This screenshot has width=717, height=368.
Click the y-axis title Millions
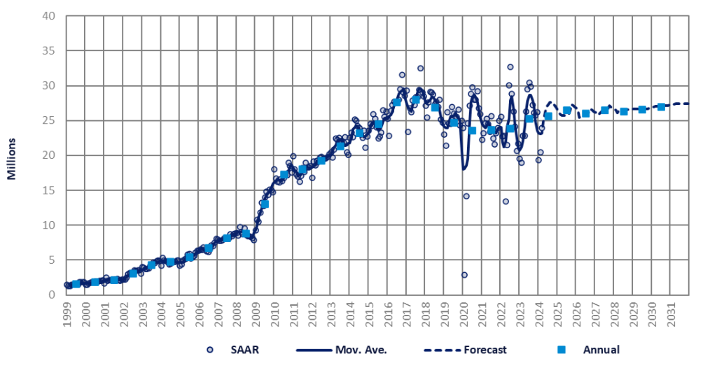[x=12, y=155]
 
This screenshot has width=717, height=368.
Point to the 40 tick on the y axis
[x=48, y=16]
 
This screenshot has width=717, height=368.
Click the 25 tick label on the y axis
[x=48, y=120]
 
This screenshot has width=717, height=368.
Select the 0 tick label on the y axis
[x=51, y=295]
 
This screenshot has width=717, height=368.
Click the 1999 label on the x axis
[x=67, y=312]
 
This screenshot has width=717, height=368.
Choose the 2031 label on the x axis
[x=671, y=312]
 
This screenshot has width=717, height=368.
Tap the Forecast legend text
[x=483, y=350]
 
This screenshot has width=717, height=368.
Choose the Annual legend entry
[x=601, y=350]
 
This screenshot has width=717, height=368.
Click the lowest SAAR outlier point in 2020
[x=464, y=275]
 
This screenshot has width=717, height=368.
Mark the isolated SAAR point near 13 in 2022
[x=506, y=201]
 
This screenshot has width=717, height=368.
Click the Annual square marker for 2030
[x=661, y=107]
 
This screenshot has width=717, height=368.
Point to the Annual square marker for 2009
[x=265, y=204]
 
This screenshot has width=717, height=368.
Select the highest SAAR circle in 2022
[x=510, y=67]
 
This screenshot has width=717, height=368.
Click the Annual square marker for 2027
[x=604, y=111]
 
